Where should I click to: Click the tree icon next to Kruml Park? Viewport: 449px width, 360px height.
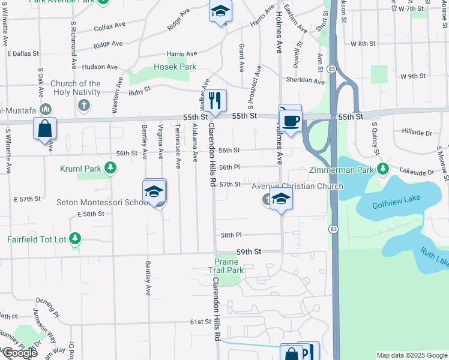110,169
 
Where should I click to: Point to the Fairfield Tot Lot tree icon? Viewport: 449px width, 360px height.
75,239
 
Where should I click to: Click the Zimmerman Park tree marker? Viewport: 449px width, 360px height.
382,170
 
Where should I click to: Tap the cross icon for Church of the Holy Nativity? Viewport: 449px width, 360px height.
84,106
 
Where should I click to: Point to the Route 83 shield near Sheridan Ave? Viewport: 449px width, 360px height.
332,70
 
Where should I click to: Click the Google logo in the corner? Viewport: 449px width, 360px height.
19,353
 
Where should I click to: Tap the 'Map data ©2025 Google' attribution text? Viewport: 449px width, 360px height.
411,355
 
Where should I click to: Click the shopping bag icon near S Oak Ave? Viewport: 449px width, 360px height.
45,128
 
